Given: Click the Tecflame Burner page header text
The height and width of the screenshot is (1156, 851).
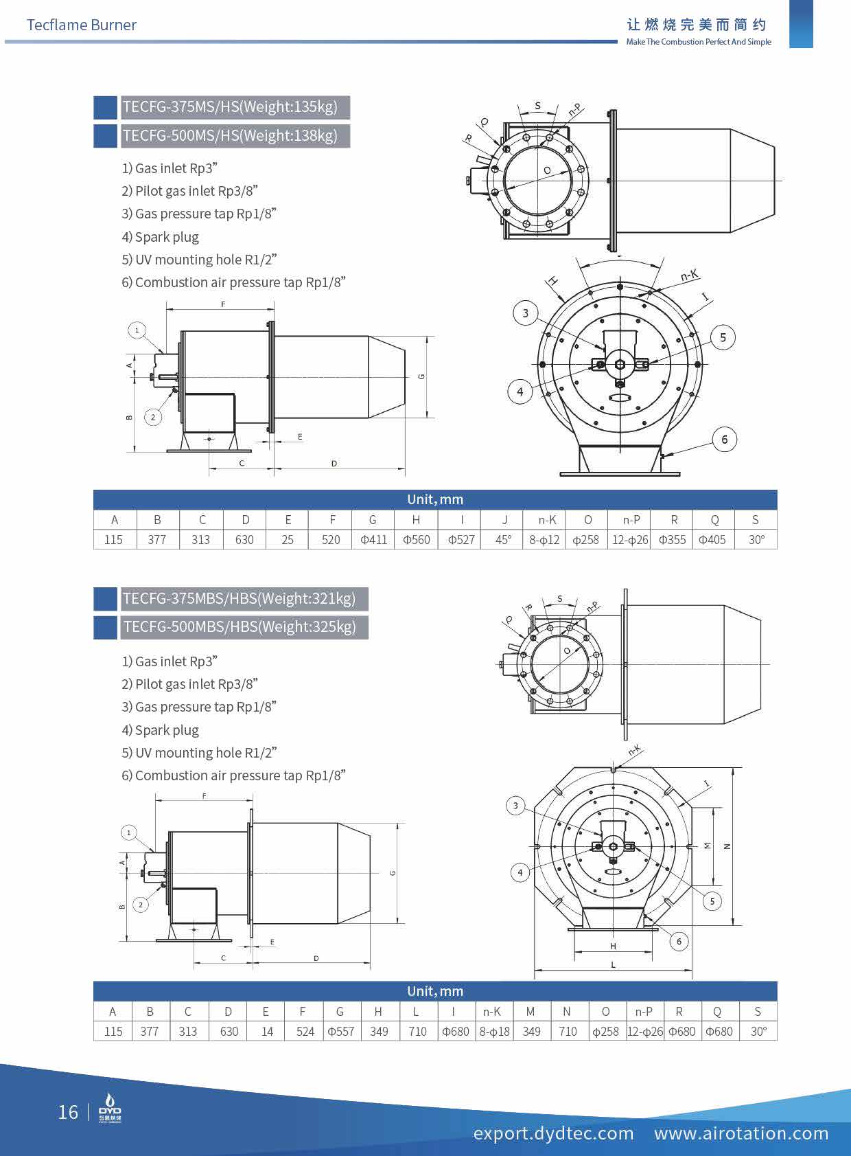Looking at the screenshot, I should [x=81, y=25].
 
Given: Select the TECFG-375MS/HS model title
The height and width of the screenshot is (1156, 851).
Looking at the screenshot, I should [x=230, y=107].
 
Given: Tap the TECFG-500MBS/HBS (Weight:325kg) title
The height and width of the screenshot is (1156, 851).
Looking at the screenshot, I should [x=239, y=627].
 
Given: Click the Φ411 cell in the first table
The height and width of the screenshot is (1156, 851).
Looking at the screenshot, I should [x=373, y=540].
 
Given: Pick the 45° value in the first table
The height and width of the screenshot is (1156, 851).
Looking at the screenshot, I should [x=503, y=540].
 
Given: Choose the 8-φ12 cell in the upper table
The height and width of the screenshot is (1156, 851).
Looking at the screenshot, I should [x=544, y=540].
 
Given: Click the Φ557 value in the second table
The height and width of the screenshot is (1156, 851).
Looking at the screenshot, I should [x=340, y=1032].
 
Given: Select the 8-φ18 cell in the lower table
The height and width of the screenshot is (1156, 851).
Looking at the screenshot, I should [x=494, y=1032].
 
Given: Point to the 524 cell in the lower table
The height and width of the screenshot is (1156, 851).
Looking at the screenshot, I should [x=305, y=1032].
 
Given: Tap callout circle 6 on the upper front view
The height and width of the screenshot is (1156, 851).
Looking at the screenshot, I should [x=724, y=440].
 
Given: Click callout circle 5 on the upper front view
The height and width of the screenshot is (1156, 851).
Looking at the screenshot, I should [x=723, y=337].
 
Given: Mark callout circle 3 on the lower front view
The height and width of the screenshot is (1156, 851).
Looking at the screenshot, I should [x=515, y=806].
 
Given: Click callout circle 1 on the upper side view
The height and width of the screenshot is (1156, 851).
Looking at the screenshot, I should [x=137, y=330].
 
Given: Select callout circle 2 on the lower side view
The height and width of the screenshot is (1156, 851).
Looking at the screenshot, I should [x=141, y=905].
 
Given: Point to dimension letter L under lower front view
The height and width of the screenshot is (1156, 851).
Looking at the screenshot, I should [x=613, y=964].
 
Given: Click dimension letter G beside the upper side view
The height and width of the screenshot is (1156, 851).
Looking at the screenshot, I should [x=421, y=376].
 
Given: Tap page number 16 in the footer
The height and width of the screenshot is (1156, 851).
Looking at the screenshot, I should [x=68, y=1112].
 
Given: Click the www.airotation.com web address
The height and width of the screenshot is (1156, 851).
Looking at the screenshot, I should [x=741, y=1133].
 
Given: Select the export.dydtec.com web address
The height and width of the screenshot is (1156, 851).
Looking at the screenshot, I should [x=553, y=1133].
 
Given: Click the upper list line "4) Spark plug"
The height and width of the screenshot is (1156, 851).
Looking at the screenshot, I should [x=161, y=237].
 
